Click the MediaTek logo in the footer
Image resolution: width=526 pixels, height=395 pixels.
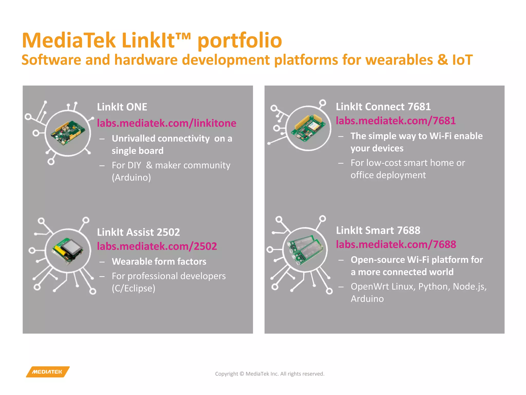tap(48, 372)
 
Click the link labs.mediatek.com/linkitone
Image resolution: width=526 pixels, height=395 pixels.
tap(166, 123)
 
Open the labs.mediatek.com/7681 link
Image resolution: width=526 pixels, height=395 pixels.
tap(396, 120)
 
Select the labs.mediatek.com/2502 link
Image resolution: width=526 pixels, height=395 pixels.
tap(157, 246)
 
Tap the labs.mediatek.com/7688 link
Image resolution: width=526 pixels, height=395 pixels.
tap(396, 244)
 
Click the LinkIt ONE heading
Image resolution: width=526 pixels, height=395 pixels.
tap(122, 107)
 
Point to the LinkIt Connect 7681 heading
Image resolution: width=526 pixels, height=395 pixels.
tap(383, 106)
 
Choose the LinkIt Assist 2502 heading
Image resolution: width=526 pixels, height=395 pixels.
tap(138, 232)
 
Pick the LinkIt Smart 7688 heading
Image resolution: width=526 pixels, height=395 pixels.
tap(378, 230)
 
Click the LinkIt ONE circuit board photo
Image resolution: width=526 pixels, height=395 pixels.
tap(68, 133)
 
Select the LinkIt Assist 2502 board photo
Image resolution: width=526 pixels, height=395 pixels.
tap(68, 250)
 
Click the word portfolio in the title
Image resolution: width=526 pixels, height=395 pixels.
tap(240, 40)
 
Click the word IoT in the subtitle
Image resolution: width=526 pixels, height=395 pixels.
tap(462, 60)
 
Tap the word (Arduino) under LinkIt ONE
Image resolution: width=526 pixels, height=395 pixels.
tap(131, 177)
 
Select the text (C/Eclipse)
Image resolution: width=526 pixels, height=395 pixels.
tap(133, 288)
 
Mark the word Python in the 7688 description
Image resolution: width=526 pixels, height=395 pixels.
tap(434, 286)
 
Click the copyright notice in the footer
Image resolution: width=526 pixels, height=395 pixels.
tap(270, 374)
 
